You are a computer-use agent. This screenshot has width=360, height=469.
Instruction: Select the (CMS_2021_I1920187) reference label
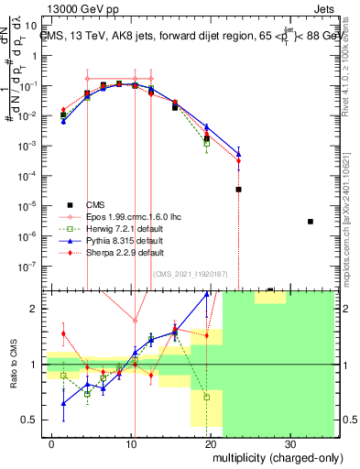click(190, 273)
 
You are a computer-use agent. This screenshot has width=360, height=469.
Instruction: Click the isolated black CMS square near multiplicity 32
click(311, 222)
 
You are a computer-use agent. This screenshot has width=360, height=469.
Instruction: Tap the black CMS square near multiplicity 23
click(238, 190)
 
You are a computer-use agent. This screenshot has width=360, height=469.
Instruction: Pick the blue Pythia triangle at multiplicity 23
click(238, 152)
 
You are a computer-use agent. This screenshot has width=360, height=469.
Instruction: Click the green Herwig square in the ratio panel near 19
click(207, 398)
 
